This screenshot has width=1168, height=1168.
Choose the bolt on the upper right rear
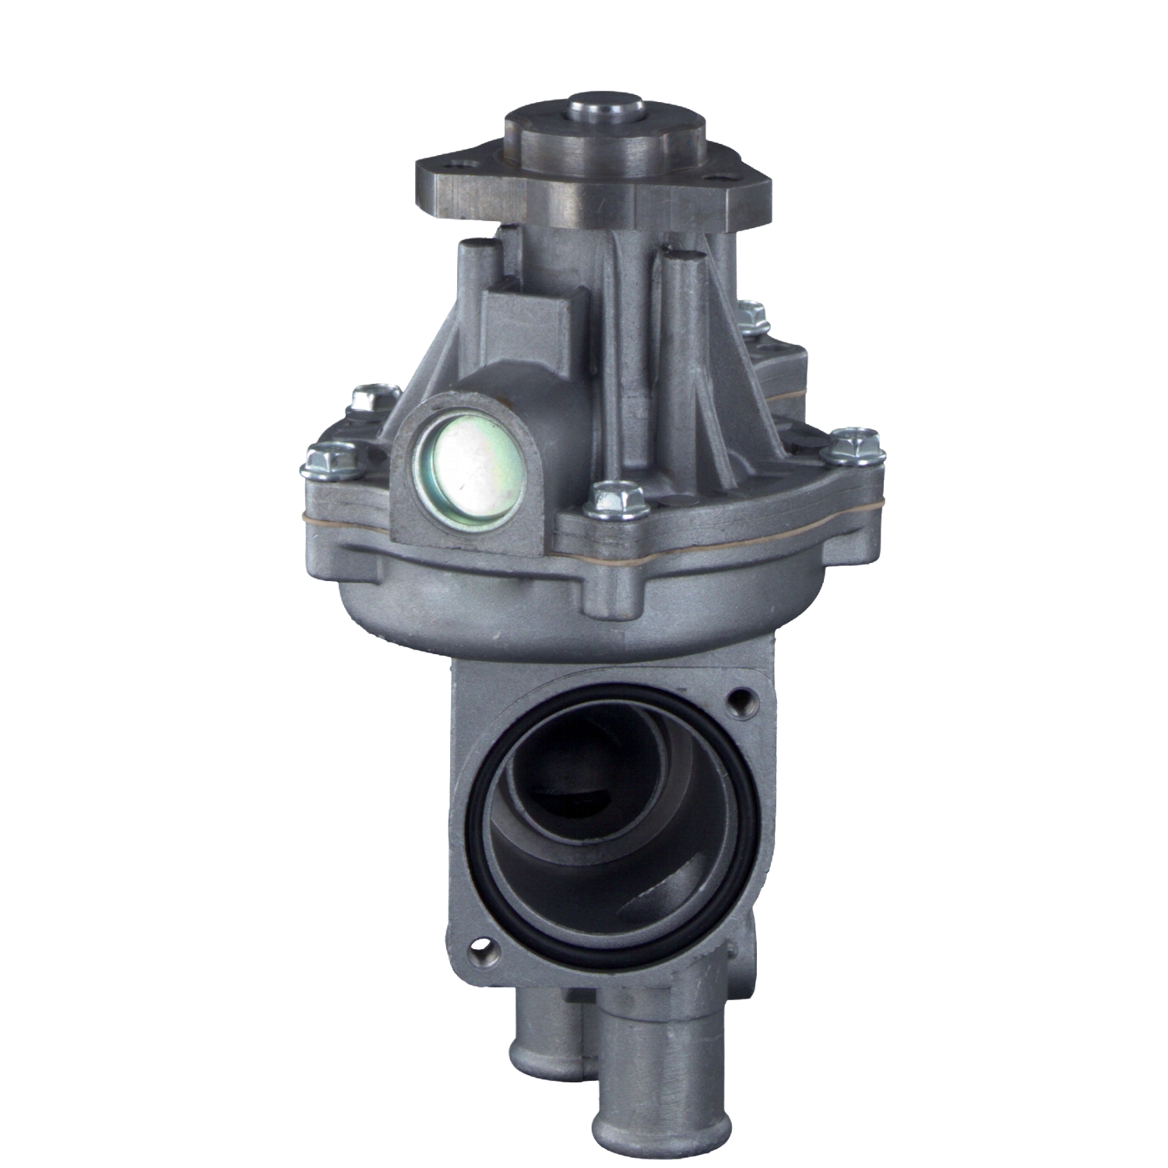coord(751,315)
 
